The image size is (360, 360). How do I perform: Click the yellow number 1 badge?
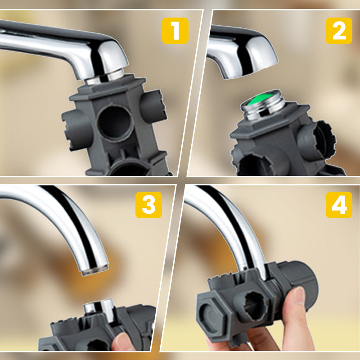175,31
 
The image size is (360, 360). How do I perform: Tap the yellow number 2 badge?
339,31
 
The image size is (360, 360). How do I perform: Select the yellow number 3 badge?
148,205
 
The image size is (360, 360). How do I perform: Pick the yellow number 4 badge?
339,205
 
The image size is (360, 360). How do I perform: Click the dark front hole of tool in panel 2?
252,165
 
